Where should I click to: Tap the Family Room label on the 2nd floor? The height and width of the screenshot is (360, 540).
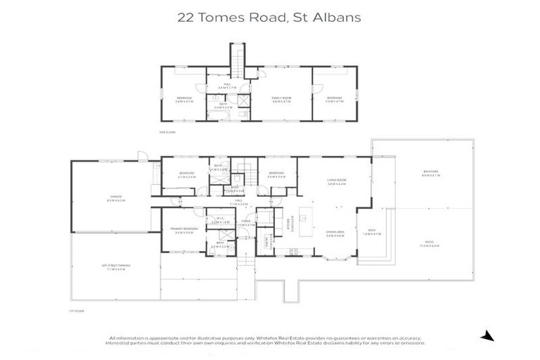(281, 98)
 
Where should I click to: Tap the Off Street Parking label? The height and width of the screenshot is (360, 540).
(114, 266)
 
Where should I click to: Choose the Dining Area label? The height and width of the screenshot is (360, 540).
(334, 233)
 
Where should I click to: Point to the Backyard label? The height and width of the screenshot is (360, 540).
(430, 173)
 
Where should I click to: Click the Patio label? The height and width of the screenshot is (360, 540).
(430, 244)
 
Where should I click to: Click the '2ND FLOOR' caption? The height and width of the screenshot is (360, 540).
(166, 131)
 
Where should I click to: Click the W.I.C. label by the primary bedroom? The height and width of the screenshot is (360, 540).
(220, 221)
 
